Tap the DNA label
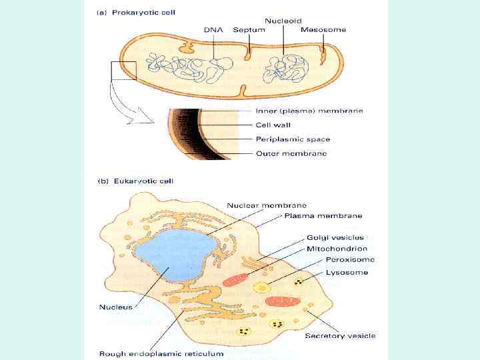[213, 30]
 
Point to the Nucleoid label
[283, 21]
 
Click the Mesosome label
[323, 30]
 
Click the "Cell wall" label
[273, 125]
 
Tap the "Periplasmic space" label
[293, 139]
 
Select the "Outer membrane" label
[291, 153]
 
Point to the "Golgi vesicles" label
[335, 237]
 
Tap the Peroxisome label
[350, 259]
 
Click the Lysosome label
[347, 272]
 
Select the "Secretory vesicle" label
[341, 335]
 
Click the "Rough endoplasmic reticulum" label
[161, 353]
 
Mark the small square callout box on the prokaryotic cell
[123, 71]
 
